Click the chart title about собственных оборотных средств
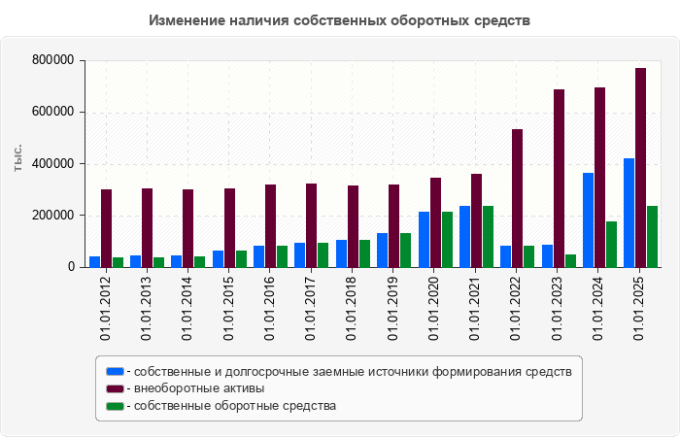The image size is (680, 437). click(x=340, y=20)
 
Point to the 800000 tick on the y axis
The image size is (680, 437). click(x=54, y=60)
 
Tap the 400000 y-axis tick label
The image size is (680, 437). click(x=54, y=164)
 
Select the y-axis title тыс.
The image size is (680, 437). click(x=18, y=157)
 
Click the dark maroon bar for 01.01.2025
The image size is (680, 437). click(x=641, y=167)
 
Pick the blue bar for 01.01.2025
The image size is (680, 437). click(x=629, y=213)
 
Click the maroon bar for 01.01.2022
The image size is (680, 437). click(x=518, y=198)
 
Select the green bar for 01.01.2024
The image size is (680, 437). click(x=612, y=244)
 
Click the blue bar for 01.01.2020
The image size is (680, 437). click(x=424, y=239)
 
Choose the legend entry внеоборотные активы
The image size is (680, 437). click(x=198, y=388)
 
